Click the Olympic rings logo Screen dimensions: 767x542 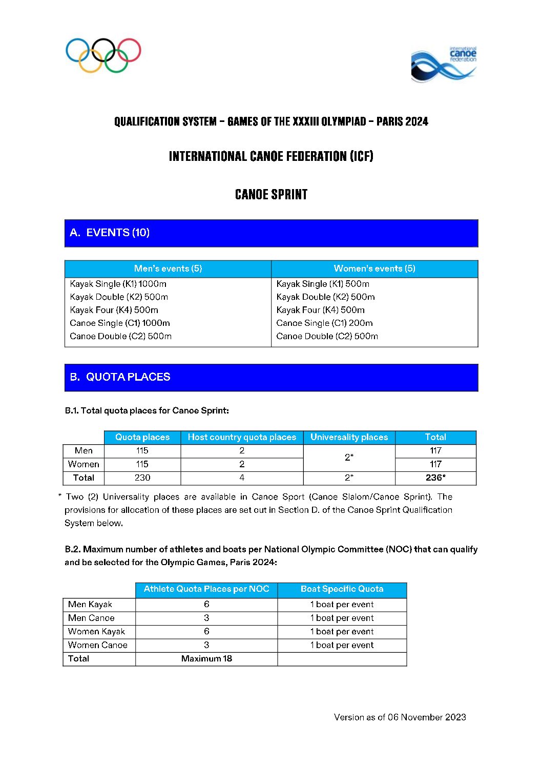[103, 55]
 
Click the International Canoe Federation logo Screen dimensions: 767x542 [444, 64]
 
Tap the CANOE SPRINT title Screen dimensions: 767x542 [271, 195]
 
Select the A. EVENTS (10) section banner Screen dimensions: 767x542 [271, 233]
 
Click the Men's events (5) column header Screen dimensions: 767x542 [168, 268]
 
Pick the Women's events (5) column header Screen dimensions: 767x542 [374, 268]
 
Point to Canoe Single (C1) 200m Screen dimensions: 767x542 [324, 323]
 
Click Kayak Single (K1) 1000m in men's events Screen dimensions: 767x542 [118, 284]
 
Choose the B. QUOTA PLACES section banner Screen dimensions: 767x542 [271, 378]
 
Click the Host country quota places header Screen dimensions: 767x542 [242, 437]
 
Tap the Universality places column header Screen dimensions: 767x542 [349, 437]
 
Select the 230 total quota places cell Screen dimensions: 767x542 [142, 478]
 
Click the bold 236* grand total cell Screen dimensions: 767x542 [435, 478]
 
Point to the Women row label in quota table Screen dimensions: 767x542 [84, 464]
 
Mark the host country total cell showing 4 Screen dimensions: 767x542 [242, 478]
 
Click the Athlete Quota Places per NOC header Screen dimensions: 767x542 [206, 589]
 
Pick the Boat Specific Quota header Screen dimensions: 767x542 [342, 589]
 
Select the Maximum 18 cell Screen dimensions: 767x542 [206, 659]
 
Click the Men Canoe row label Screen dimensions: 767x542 [91, 618]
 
